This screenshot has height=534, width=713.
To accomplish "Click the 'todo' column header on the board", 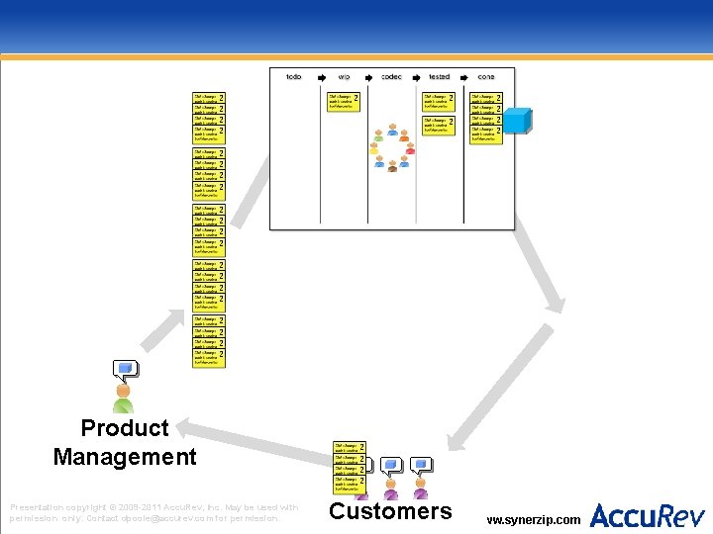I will point(294,76).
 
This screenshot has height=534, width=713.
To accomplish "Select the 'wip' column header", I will point(344,76).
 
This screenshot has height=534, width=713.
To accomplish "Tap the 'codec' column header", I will point(391,76).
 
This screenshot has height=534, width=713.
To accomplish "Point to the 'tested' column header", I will point(440,76).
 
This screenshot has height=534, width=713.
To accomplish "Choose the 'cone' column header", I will point(486,76).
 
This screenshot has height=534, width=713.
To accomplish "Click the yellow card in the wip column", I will point(343,102).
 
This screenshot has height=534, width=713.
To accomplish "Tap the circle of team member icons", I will point(392,149).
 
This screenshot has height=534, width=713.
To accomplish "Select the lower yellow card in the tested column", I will point(439,125).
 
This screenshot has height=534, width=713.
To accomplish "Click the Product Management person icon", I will point(123,399).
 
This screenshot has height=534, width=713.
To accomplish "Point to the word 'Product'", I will point(125,428).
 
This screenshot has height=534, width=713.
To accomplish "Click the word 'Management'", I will point(125,457).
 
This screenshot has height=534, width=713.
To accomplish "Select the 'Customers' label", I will point(390,511).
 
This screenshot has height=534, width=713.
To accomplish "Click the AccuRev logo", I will point(648,515).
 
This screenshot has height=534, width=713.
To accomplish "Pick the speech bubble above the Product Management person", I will point(125,371).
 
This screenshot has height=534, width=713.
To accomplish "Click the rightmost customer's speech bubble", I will point(422,464).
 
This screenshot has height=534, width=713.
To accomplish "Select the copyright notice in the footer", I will point(153,512).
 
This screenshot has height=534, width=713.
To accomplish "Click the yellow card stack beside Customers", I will point(349,468).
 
